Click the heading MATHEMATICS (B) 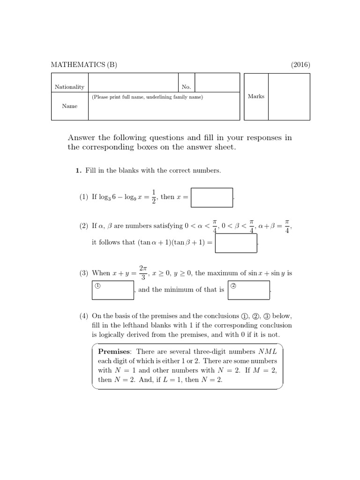pyautogui.click(x=84, y=65)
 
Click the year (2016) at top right pyautogui.click(x=300, y=65)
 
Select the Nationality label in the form pyautogui.click(x=69, y=87)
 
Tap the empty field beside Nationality pyautogui.click(x=133, y=82)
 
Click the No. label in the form pyautogui.click(x=186, y=87)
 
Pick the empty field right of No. pyautogui.click(x=217, y=82)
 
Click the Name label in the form pyautogui.click(x=69, y=106)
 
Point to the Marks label pyautogui.click(x=256, y=96)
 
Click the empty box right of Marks pyautogui.click(x=288, y=96)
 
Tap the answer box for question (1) pyautogui.click(x=212, y=197)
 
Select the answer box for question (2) pyautogui.click(x=236, y=243)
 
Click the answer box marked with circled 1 pyautogui.click(x=113, y=290)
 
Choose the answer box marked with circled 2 pyautogui.click(x=248, y=290)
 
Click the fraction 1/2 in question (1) pyautogui.click(x=153, y=197)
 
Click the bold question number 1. pyautogui.click(x=79, y=171)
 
